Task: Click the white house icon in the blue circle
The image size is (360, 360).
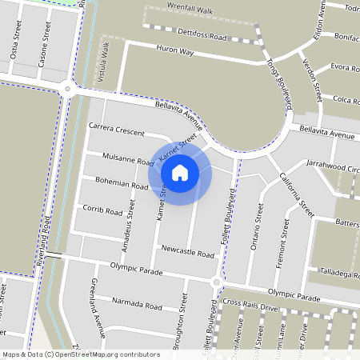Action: point(180,172)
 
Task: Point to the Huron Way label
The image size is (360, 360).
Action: point(175,50)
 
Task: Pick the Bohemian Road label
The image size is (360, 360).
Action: point(121,185)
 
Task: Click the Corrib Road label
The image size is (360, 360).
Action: point(102,211)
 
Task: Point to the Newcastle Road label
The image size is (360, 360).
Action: point(186,254)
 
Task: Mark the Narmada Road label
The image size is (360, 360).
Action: point(137,305)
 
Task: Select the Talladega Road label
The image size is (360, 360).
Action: point(335,273)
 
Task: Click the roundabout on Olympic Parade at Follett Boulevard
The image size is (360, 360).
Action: point(216,282)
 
